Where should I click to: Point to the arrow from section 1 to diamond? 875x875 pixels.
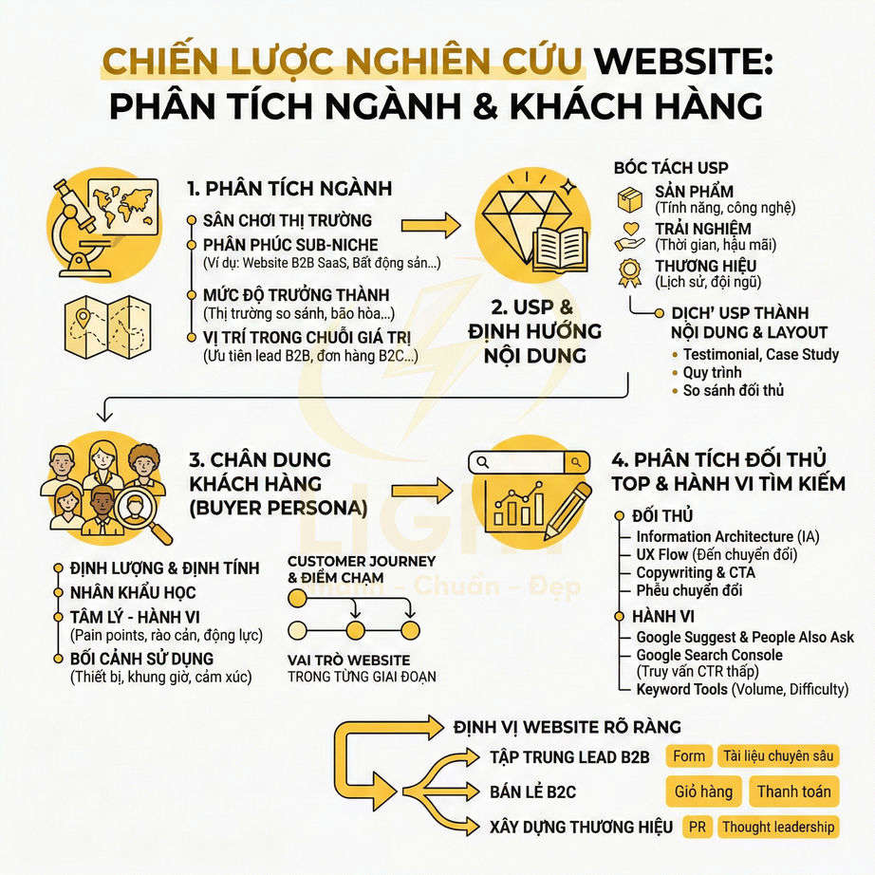tap(430, 226)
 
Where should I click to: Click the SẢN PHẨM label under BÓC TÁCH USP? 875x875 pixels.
tap(694, 192)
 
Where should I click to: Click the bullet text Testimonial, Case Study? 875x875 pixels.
tap(760, 354)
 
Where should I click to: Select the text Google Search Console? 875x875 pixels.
tap(709, 655)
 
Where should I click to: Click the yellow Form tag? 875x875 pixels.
tap(689, 756)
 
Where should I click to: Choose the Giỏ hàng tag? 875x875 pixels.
tap(703, 791)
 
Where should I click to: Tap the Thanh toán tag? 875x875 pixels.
tap(793, 791)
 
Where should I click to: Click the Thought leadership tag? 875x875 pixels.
tap(778, 827)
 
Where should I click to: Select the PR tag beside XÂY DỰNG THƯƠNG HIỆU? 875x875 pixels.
tap(698, 827)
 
